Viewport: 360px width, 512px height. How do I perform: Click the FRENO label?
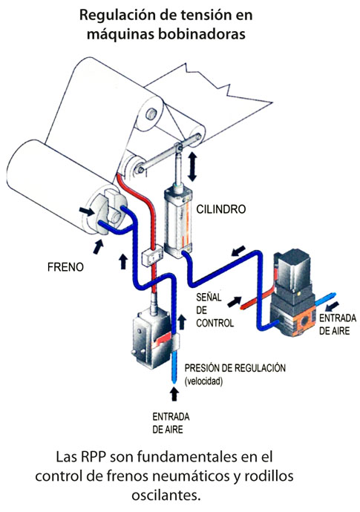click(x=65, y=267)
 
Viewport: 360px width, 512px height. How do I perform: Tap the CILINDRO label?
click(x=221, y=209)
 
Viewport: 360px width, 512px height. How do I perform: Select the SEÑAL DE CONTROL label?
click(x=215, y=310)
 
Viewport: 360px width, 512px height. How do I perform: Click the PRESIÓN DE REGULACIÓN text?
click(x=235, y=368)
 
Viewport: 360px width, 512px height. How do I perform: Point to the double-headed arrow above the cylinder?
click(x=192, y=167)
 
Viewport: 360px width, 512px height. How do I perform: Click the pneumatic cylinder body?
click(x=178, y=220)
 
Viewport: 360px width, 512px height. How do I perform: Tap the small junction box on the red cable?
click(x=152, y=255)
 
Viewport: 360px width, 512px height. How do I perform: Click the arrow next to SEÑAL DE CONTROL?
click(x=235, y=302)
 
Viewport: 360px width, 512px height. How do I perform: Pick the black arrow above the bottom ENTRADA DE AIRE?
click(x=174, y=394)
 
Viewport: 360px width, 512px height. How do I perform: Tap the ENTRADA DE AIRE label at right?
click(x=338, y=324)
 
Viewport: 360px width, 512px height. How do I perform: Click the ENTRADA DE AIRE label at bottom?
click(x=171, y=423)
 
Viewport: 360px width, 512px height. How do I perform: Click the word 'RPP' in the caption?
click(x=92, y=457)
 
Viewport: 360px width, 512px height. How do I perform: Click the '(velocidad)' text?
click(x=203, y=381)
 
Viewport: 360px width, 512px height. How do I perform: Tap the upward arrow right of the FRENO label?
click(x=122, y=261)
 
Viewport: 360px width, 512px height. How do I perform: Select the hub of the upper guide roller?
click(x=151, y=114)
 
